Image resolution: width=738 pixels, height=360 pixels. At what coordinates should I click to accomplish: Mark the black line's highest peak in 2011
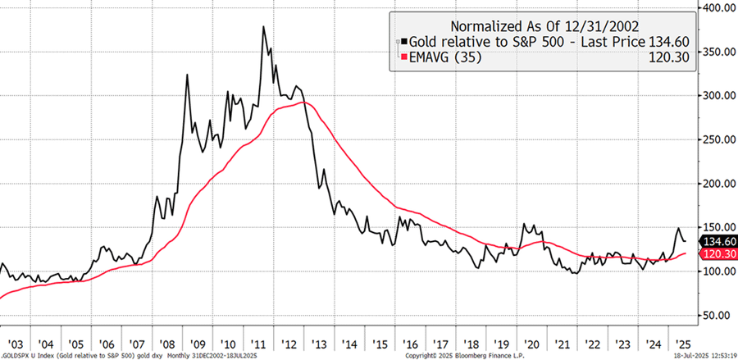click(263, 27)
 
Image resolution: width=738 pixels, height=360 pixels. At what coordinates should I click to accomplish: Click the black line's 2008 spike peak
click(188, 75)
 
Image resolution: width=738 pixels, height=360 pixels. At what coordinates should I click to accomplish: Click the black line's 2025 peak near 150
click(678, 228)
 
